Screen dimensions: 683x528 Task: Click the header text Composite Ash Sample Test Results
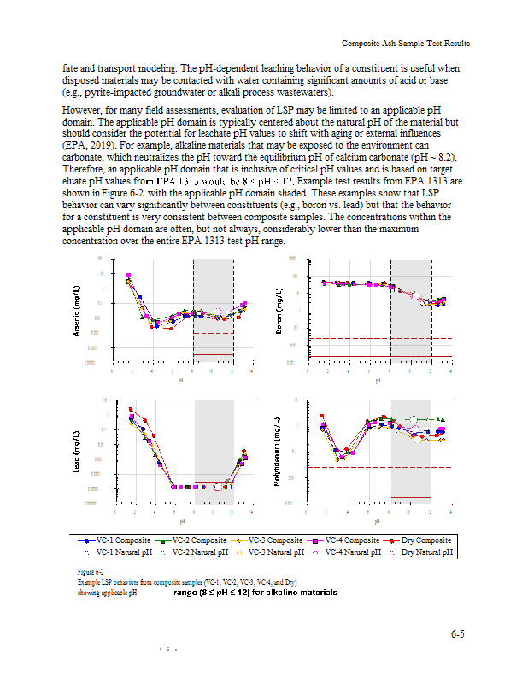[x=406, y=44]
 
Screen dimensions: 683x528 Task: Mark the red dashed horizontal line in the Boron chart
[x=376, y=338]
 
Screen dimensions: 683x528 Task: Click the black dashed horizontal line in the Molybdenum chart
[x=376, y=467]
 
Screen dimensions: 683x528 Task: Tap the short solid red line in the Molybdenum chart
[x=409, y=497]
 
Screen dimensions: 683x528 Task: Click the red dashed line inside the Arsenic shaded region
[x=214, y=333]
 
